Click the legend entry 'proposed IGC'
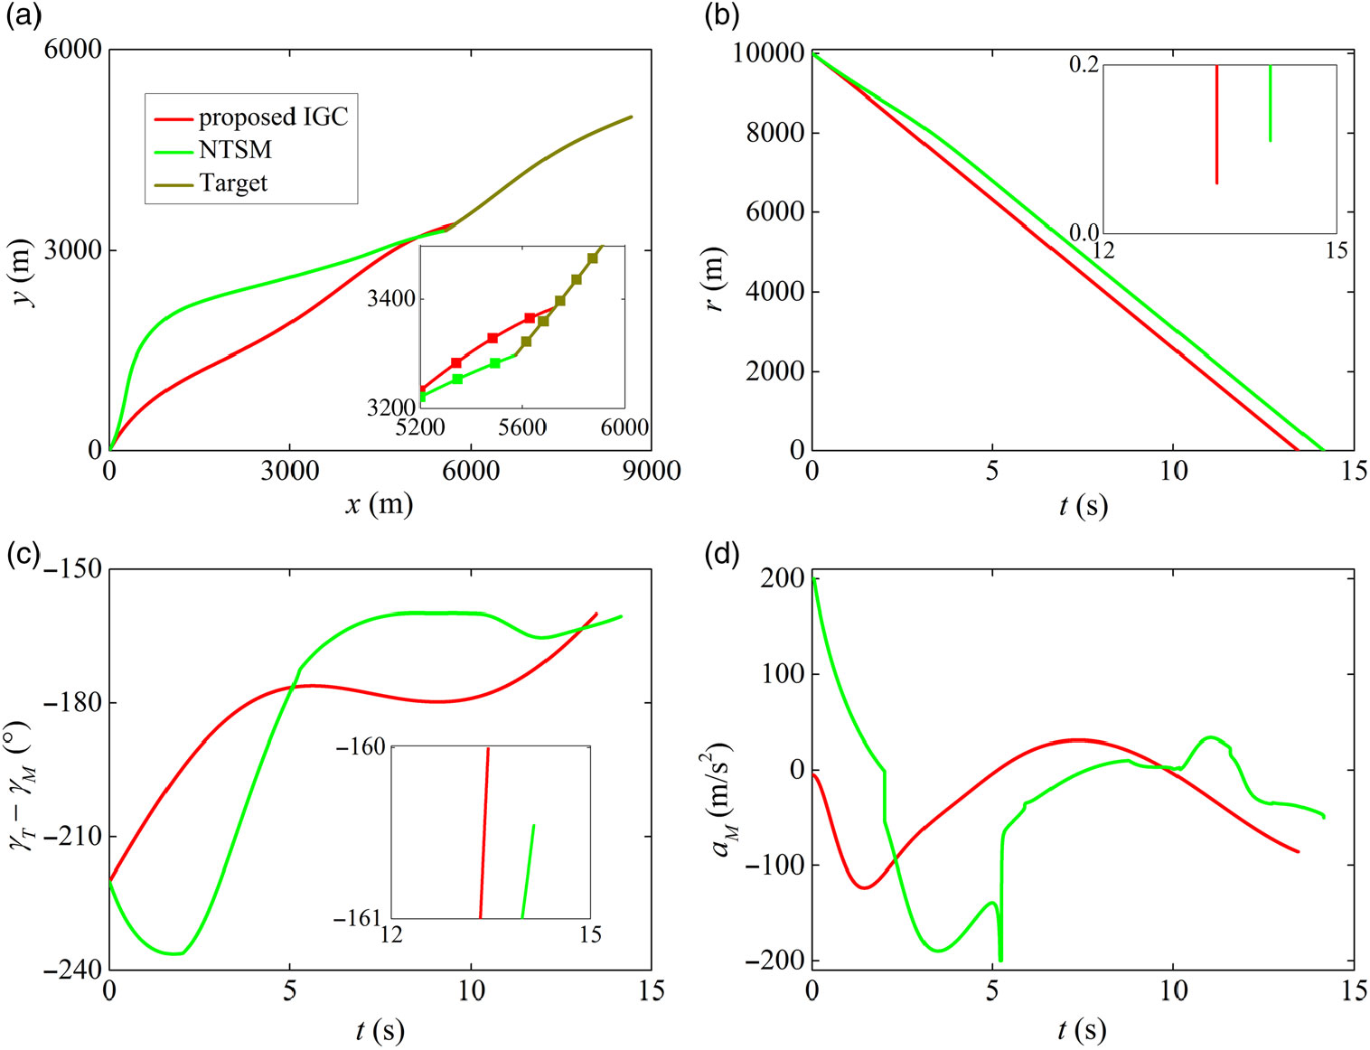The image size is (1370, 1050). point(272,117)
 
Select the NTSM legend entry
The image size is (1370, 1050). point(235,150)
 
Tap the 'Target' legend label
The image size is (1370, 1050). point(233,183)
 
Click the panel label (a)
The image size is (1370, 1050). point(23,17)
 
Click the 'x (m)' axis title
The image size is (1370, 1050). point(379,504)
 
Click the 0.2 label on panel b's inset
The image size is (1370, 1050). point(1084,65)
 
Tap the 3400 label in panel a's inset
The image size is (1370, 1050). point(390,298)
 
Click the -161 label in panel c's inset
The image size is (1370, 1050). point(360,918)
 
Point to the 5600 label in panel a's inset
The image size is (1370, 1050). point(521,427)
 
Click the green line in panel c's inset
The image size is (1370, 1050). point(528,872)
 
